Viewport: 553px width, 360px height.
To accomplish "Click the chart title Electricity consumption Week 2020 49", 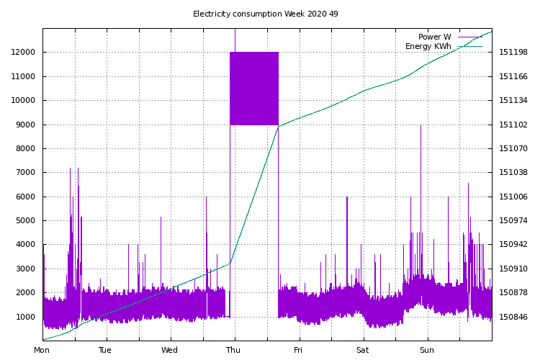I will click(x=265, y=14).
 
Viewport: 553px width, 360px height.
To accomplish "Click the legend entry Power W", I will click(x=434, y=37).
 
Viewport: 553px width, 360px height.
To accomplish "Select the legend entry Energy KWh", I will click(x=428, y=46).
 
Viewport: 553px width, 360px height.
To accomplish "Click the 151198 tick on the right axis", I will click(x=513, y=53).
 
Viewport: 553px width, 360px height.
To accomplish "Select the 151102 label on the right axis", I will click(x=513, y=125).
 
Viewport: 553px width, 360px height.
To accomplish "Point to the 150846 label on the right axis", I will click(x=513, y=317).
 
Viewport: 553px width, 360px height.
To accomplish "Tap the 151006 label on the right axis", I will click(x=513, y=197).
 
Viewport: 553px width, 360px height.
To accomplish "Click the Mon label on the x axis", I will click(x=42, y=351).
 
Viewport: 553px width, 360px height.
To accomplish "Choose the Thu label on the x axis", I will click(x=234, y=351).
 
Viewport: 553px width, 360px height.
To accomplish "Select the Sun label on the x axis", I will click(x=427, y=351).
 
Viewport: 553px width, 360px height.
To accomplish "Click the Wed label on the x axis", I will click(x=170, y=351).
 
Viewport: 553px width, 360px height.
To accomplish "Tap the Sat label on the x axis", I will click(x=362, y=351).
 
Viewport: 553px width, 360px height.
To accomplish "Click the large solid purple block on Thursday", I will click(x=254, y=89).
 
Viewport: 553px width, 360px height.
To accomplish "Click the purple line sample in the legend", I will click(x=469, y=37).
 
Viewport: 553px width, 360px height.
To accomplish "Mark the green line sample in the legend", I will click(x=469, y=46).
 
